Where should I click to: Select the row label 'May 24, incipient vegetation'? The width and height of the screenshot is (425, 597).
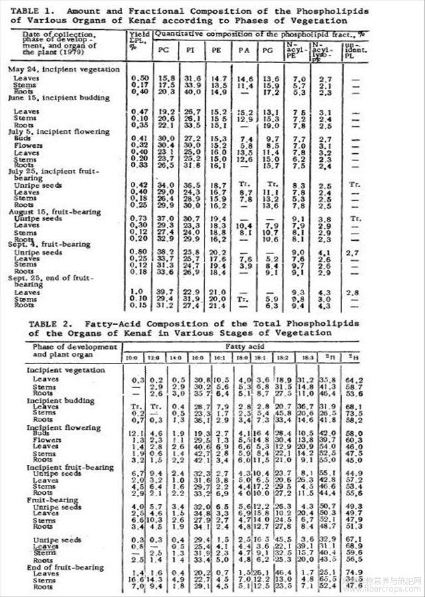pos(64,70)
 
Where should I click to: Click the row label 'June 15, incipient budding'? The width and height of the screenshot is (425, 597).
pos(59,98)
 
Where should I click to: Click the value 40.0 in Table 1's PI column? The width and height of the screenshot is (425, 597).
pos(191,92)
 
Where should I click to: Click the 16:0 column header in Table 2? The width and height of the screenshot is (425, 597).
pos(198,358)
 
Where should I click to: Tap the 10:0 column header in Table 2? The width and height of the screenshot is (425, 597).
pos(133,358)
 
